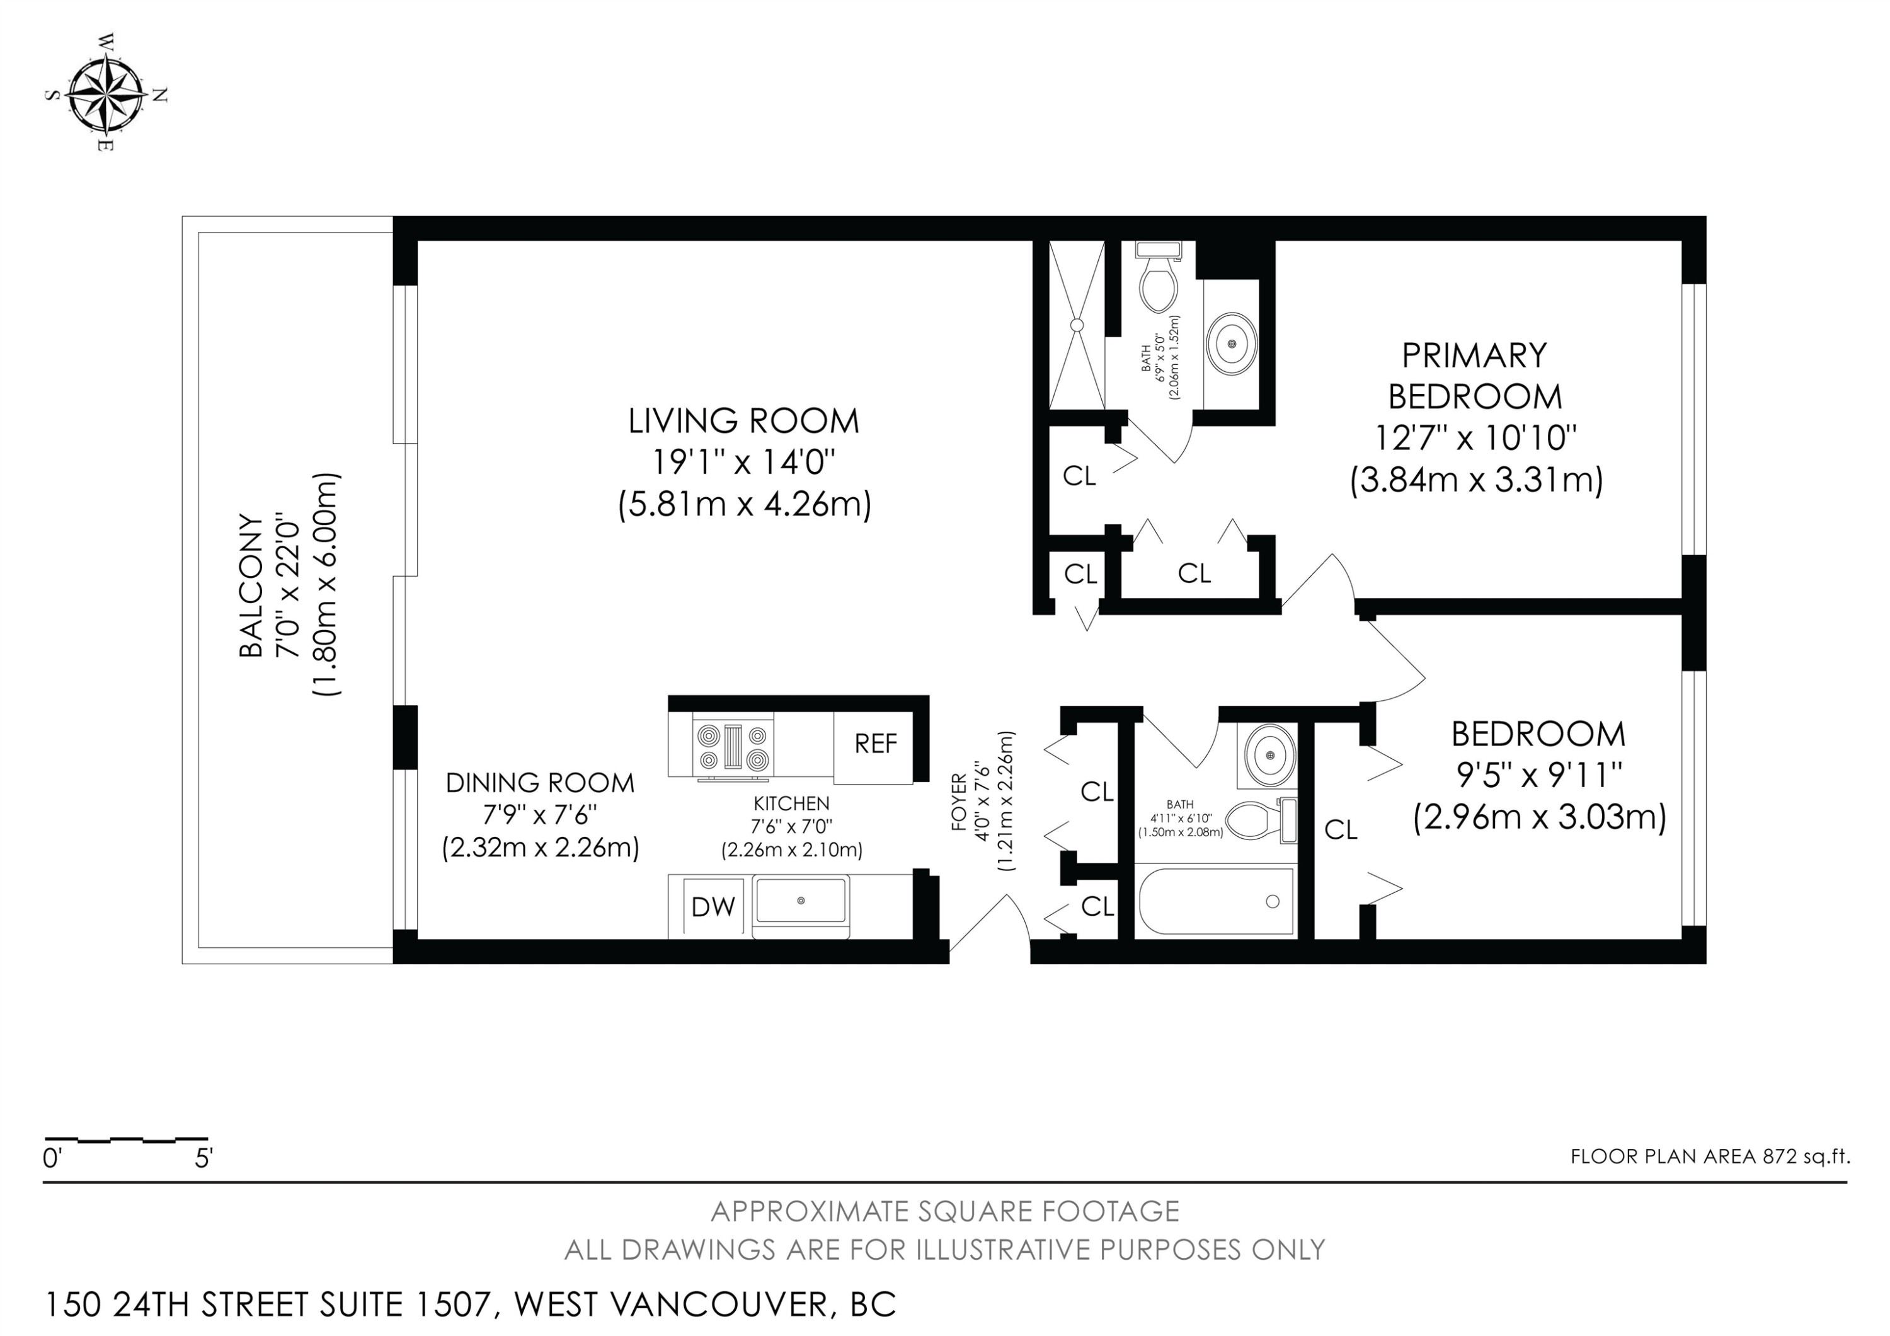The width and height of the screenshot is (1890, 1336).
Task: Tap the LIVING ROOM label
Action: point(743,422)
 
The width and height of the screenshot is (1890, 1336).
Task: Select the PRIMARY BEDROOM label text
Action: point(1475,376)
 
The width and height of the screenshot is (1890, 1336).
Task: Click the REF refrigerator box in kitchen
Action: point(875,744)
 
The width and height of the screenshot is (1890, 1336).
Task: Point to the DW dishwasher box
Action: point(713,907)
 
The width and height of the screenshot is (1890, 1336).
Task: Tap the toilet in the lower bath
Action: point(1258,820)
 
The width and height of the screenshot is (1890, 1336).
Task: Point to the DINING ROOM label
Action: point(540,783)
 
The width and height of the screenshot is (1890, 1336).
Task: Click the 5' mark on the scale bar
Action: point(204,1159)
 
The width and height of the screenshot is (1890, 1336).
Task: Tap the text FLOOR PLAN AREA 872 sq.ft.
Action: point(1710,1156)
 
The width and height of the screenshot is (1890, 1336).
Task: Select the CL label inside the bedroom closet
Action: point(1340,830)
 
